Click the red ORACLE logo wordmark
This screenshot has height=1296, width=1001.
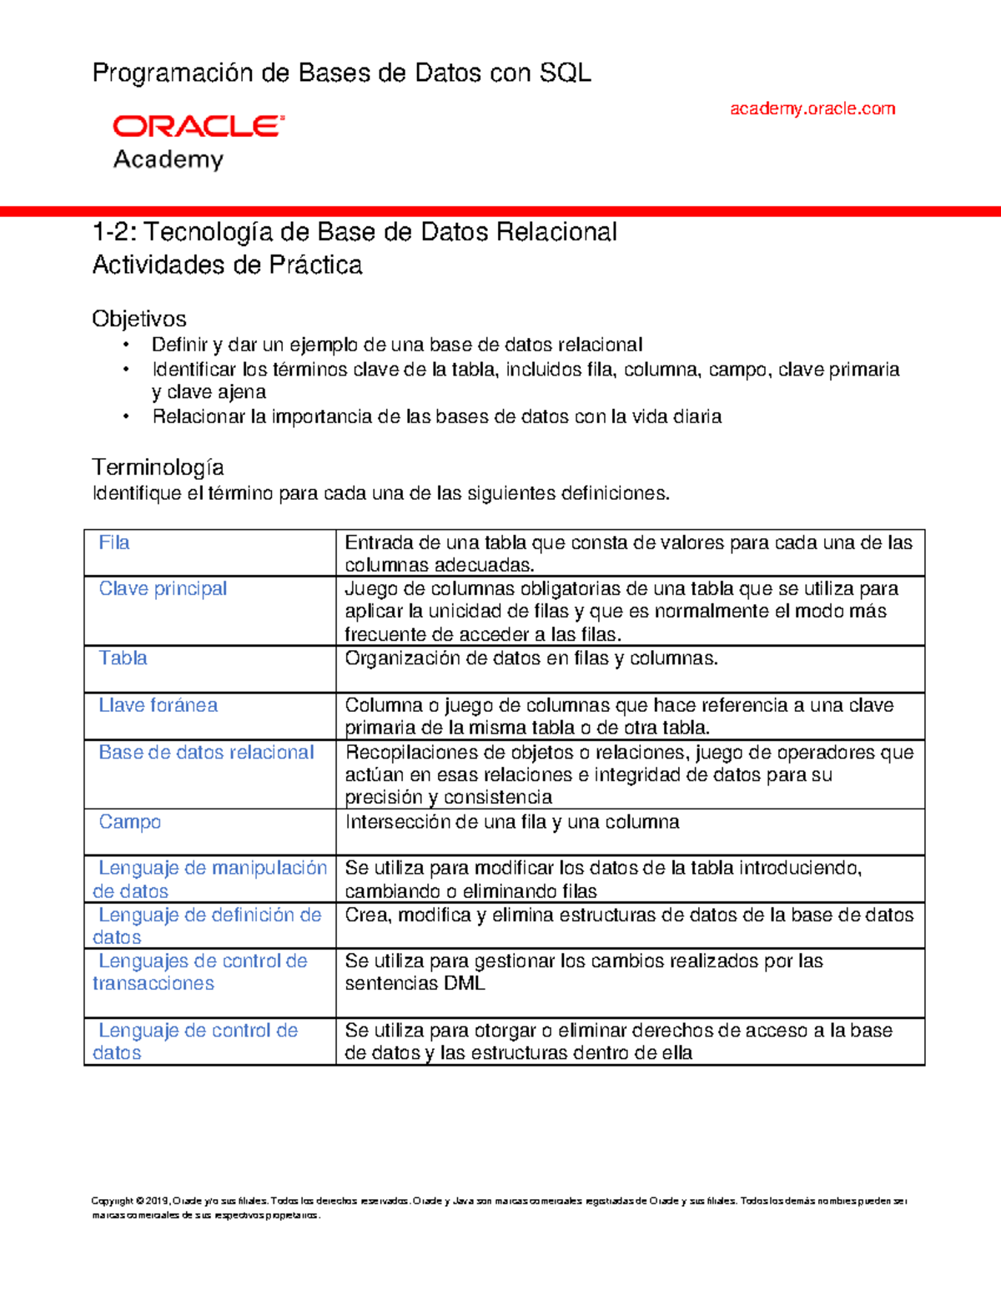click(198, 126)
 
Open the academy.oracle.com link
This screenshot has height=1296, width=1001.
click(812, 108)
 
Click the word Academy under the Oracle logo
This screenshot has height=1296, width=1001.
click(169, 159)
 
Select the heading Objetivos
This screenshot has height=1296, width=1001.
click(138, 319)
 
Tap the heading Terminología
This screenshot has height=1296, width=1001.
click(158, 466)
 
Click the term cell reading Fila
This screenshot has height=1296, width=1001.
click(114, 542)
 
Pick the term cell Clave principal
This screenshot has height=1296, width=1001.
click(163, 588)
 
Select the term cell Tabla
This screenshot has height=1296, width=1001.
click(123, 658)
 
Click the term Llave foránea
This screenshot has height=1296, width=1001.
click(158, 705)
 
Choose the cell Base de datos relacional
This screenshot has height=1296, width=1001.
click(206, 752)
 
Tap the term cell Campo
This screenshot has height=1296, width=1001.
click(129, 822)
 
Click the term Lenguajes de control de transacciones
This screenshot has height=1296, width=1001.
click(199, 972)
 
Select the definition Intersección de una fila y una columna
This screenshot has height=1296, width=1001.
click(511, 822)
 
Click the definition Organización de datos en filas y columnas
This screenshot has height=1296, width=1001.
click(531, 658)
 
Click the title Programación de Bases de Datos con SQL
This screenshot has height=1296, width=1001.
click(341, 73)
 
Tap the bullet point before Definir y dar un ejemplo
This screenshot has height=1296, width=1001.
click(126, 345)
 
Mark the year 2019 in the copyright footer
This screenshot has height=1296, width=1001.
click(156, 1202)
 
